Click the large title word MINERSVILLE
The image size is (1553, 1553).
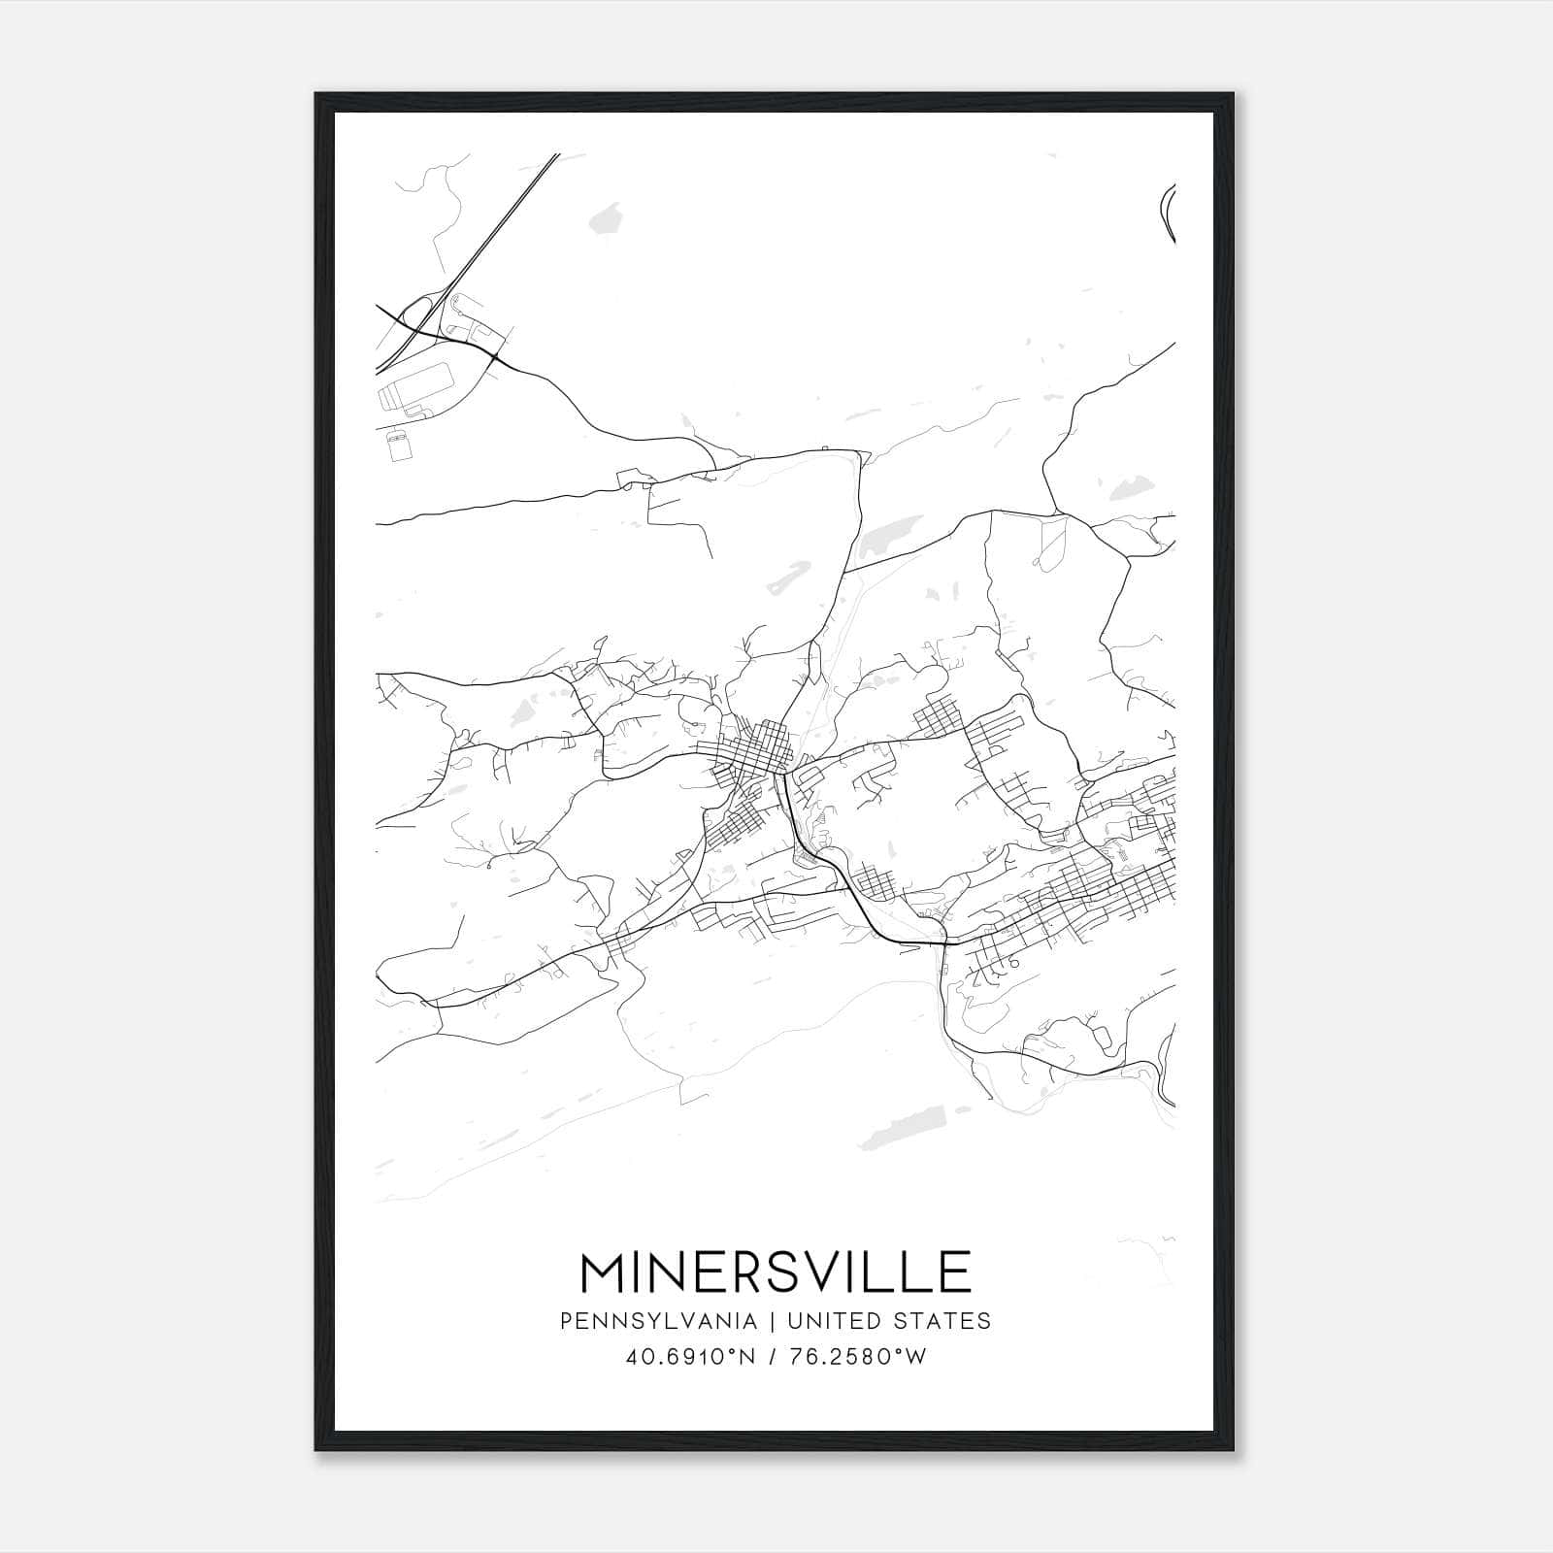coord(776,1272)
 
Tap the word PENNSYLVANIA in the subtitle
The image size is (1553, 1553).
coord(658,1321)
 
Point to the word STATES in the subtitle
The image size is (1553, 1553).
coord(941,1321)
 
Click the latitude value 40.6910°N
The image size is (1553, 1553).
coord(690,1357)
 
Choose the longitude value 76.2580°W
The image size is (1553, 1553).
coord(856,1357)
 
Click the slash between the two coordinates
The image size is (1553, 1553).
coord(773,1357)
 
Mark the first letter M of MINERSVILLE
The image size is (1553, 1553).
coord(604,1272)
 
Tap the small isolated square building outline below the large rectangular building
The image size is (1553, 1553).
coord(398,446)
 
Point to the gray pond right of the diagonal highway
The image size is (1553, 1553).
coord(610,217)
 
